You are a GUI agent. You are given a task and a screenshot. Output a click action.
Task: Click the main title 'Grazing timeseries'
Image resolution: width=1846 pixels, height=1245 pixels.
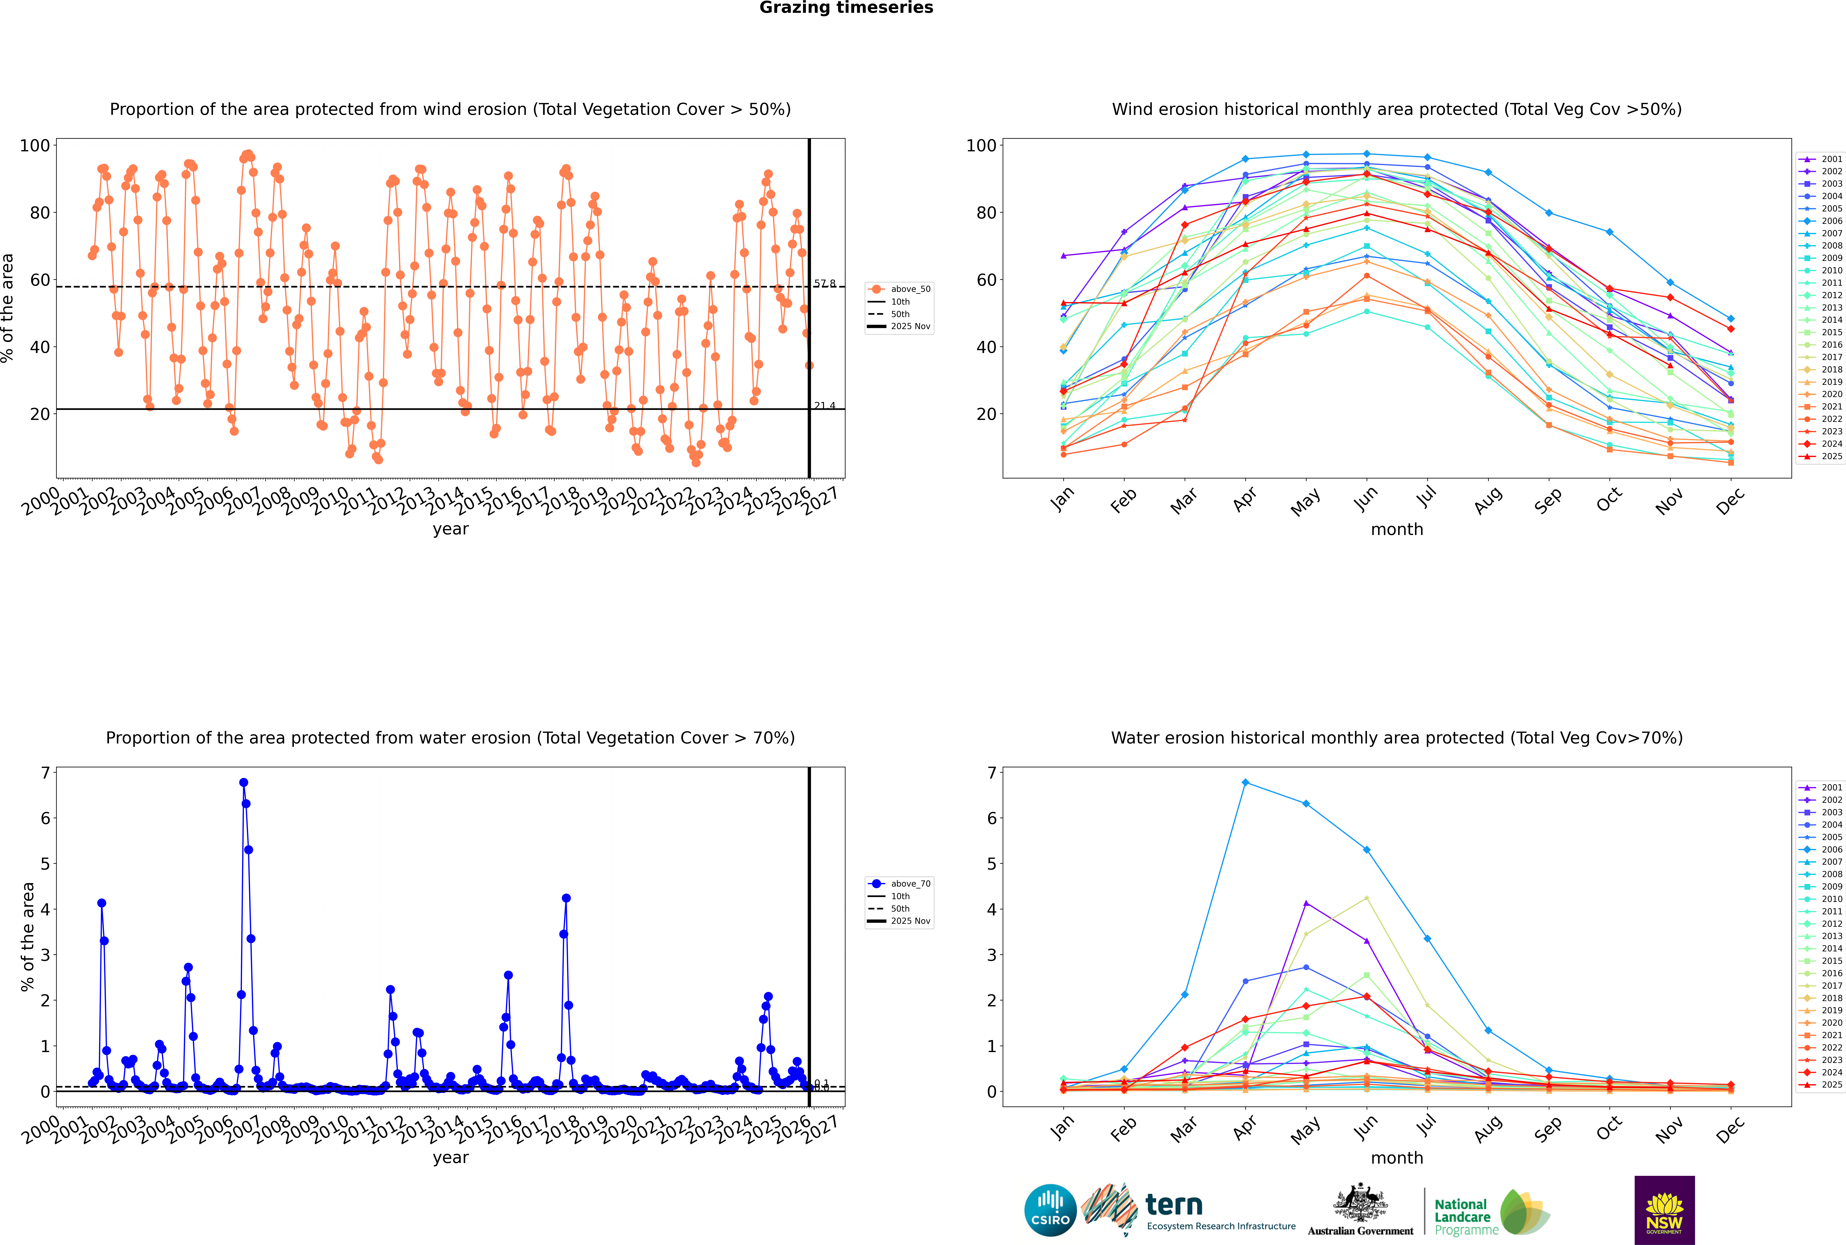[846, 8]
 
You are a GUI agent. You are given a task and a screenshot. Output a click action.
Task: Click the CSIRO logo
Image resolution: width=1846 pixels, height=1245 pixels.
[1050, 1210]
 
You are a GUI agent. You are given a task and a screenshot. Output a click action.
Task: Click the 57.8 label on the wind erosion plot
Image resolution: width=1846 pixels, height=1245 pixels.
[825, 283]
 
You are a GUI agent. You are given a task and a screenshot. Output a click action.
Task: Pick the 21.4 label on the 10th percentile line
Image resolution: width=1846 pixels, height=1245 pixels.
[825, 406]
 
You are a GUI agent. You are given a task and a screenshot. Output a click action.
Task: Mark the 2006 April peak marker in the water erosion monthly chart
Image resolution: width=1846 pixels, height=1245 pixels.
[1245, 783]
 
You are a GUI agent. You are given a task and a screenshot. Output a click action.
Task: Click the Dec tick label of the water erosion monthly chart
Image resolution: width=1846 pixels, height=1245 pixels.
[1730, 1128]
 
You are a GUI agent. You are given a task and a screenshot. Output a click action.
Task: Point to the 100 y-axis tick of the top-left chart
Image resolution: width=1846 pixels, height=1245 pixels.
[35, 145]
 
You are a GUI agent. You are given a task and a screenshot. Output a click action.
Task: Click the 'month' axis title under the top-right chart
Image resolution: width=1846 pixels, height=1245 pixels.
[1397, 530]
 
